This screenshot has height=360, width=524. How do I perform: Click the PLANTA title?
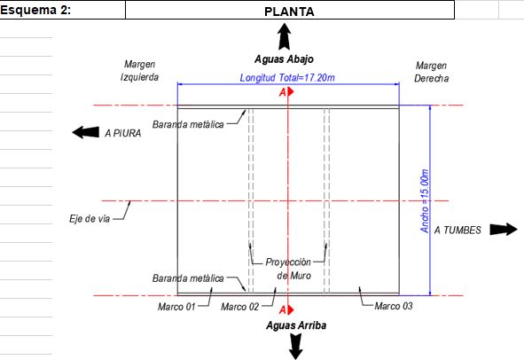pos(289,12)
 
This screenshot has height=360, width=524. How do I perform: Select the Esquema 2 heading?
pos(35,10)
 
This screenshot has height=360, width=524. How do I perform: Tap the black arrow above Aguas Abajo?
pos(284,36)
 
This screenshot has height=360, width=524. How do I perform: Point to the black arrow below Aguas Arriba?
pos(296,347)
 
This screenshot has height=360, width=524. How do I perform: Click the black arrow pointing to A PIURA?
pos(85,132)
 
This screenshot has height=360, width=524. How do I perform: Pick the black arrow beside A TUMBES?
pos(504,230)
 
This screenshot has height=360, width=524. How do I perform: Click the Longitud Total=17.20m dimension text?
pos(287,78)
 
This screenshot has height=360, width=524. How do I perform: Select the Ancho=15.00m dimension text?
pos(425,201)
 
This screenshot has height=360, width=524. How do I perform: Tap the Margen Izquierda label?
pos(140,71)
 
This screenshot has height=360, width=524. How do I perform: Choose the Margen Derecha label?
pos(432,72)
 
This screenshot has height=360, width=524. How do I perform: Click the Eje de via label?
pos(90,219)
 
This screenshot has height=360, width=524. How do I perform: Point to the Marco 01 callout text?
pos(176,307)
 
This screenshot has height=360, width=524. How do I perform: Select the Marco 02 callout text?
pos(240,307)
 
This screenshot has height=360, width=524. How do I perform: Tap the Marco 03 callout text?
pos(394,306)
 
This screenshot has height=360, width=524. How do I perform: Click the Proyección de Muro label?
pos(288,269)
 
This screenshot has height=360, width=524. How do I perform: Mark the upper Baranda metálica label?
pos(188,124)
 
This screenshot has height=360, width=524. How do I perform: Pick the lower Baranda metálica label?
pos(188,278)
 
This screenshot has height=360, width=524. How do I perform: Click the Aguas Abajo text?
pos(284,59)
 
